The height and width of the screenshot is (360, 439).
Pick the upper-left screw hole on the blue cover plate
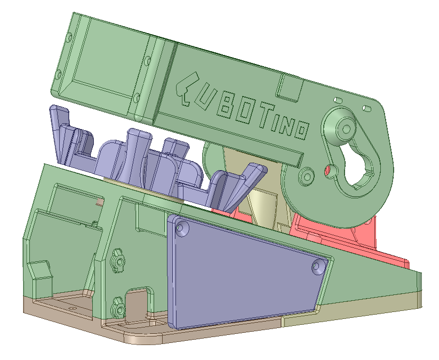[182, 229]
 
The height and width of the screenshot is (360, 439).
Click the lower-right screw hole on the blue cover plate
[318, 267]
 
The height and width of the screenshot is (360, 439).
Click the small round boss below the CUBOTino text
[307, 175]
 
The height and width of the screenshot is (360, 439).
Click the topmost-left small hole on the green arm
[69, 37]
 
